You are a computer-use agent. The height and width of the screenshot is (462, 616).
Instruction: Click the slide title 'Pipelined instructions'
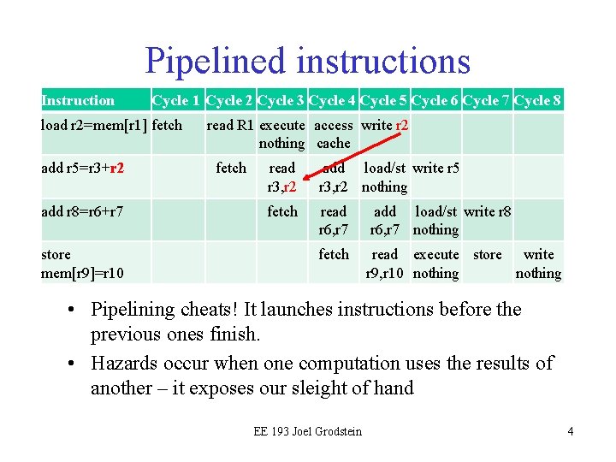(x=307, y=61)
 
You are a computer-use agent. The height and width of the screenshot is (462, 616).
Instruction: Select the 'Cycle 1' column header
(x=176, y=101)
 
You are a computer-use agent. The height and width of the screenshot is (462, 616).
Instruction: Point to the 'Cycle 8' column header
(x=538, y=101)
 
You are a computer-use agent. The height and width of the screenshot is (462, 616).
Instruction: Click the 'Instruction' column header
(x=78, y=101)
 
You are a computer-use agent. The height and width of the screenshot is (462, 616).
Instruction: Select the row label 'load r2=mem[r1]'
(x=93, y=125)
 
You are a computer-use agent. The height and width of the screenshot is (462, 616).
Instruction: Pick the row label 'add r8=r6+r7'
(x=84, y=211)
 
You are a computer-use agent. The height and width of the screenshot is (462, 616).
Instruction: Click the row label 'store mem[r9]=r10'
(x=82, y=264)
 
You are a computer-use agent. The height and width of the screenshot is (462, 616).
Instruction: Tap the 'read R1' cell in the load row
(x=230, y=125)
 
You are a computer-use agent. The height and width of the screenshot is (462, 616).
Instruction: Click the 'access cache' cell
(x=333, y=133)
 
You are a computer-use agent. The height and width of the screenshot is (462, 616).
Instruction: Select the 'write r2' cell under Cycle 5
(x=384, y=125)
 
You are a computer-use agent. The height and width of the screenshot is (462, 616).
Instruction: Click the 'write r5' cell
(x=435, y=168)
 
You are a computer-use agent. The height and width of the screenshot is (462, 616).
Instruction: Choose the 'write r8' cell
(x=487, y=211)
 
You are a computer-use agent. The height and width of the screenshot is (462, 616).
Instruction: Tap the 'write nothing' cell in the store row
(x=538, y=264)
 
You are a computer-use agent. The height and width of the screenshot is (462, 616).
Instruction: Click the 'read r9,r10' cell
(x=384, y=264)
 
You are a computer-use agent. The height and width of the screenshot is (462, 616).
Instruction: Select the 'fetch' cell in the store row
(x=333, y=254)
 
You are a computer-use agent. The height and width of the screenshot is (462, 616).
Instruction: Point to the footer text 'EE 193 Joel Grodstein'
(x=307, y=431)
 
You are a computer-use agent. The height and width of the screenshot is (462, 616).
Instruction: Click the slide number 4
(x=570, y=431)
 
